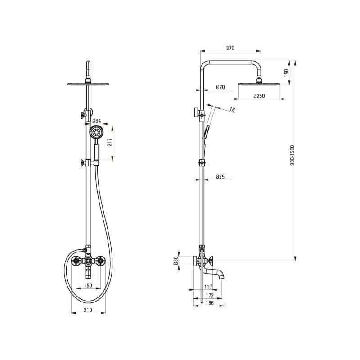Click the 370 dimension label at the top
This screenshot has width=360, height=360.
point(230,48)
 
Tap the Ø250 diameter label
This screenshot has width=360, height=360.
point(259,96)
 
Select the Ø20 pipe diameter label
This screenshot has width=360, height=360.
point(220,87)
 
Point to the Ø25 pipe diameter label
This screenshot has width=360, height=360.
point(220,176)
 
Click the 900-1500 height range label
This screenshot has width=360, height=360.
point(292,155)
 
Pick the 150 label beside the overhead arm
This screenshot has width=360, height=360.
point(286,73)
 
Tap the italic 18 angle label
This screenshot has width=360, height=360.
point(232,109)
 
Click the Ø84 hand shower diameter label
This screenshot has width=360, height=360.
point(96,121)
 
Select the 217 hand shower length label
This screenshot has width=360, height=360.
point(109,142)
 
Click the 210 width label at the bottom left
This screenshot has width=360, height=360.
point(88,310)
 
